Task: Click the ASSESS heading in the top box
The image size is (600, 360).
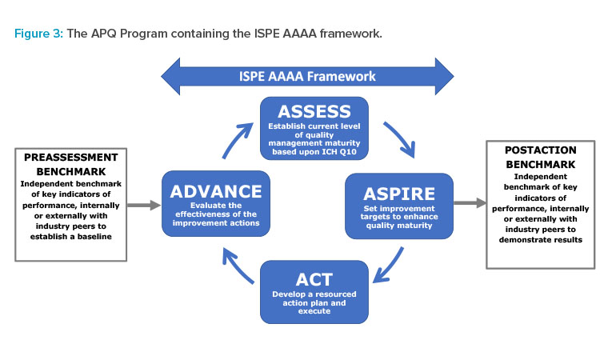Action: click(x=314, y=111)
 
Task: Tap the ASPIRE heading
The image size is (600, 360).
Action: click(x=399, y=194)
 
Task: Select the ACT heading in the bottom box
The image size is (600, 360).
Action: click(x=314, y=280)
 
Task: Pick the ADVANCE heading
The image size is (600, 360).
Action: click(x=216, y=191)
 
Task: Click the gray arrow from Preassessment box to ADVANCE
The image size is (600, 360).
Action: click(x=144, y=205)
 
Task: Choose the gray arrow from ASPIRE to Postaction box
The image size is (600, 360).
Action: click(x=470, y=202)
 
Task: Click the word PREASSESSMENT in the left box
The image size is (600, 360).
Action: click(x=70, y=158)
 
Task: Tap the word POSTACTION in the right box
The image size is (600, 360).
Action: click(x=540, y=150)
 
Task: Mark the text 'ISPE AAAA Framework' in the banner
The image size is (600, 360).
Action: click(x=307, y=76)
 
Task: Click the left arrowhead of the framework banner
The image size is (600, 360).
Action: click(x=170, y=76)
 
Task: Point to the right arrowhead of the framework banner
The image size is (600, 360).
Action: click(x=444, y=76)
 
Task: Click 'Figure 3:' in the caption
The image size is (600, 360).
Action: click(x=38, y=34)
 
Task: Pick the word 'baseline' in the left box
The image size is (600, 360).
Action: click(x=94, y=237)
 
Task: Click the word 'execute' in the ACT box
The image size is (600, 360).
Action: click(x=314, y=311)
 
